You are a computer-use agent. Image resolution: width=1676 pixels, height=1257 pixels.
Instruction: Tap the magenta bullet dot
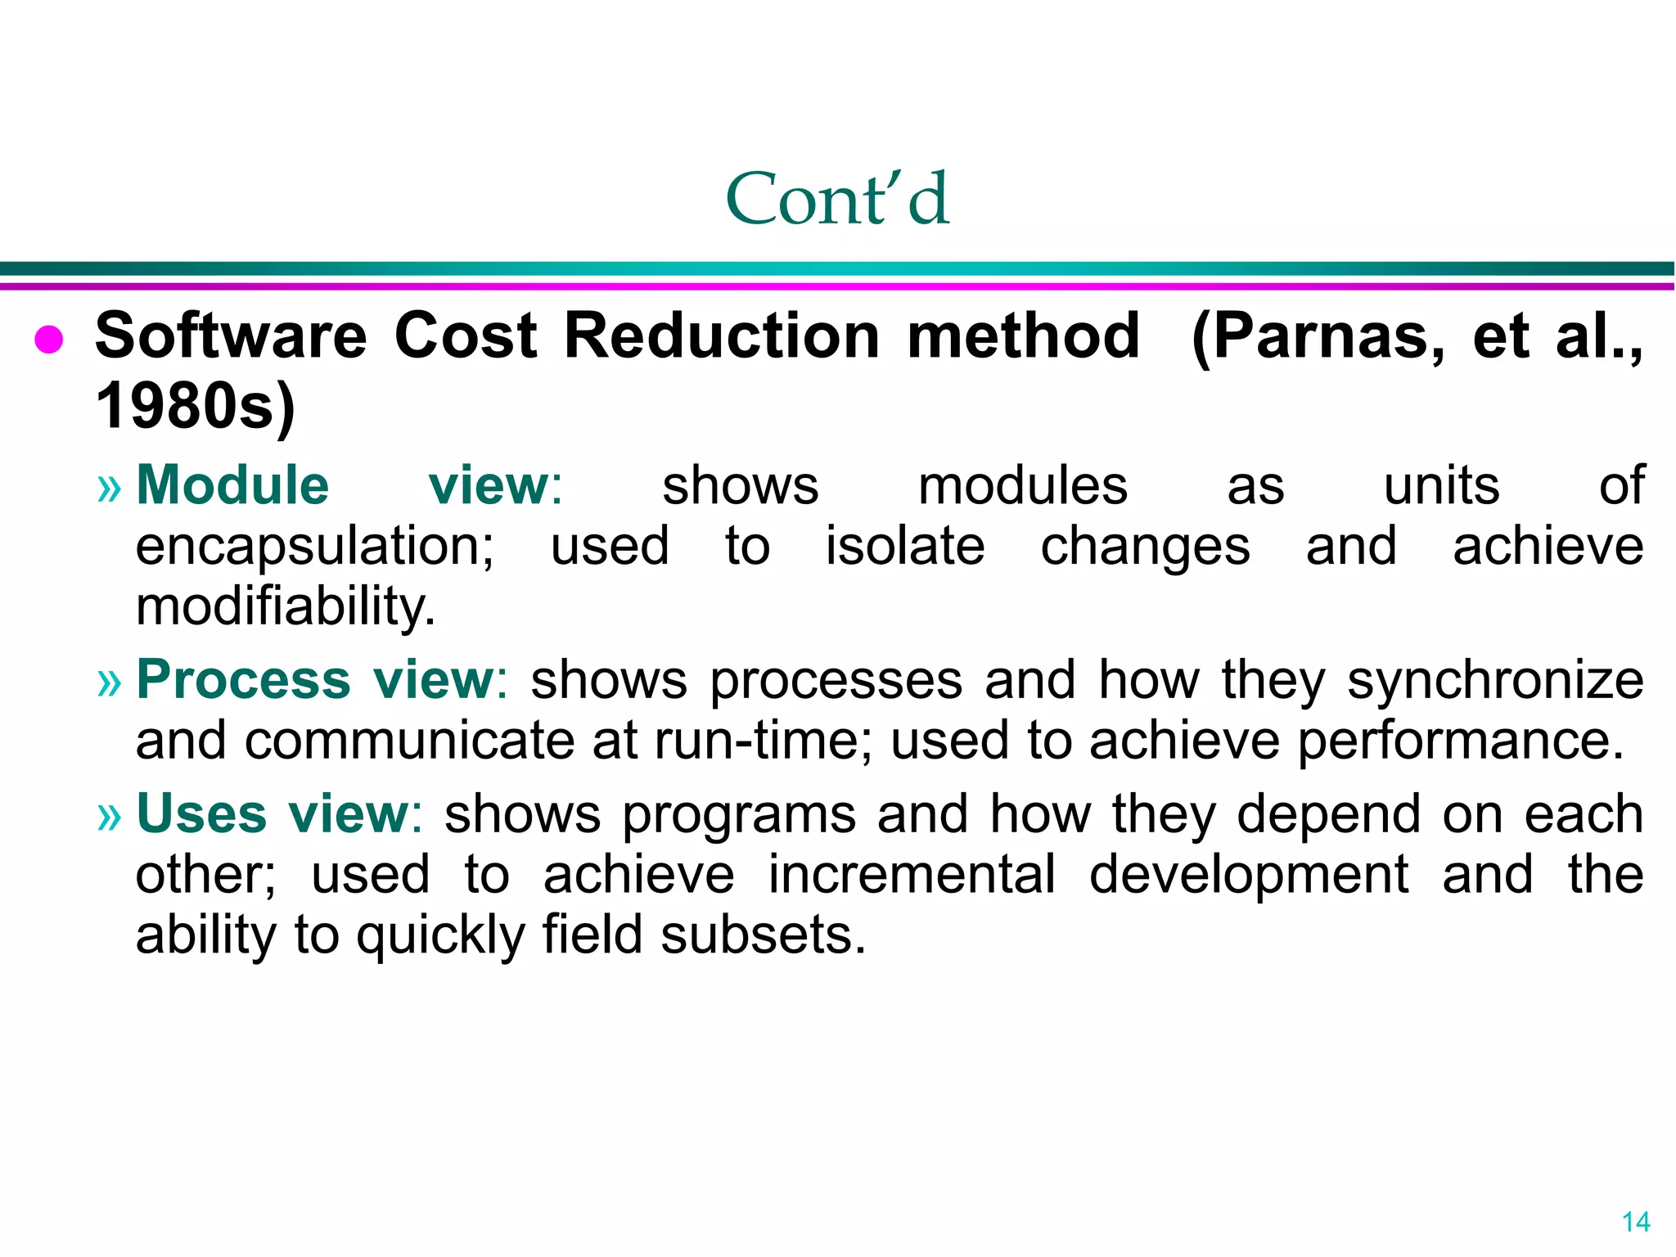(49, 339)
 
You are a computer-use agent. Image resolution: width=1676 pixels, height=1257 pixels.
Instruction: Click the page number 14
(1635, 1222)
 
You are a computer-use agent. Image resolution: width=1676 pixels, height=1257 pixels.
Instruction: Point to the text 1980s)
(196, 406)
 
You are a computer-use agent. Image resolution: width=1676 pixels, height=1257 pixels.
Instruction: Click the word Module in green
(232, 485)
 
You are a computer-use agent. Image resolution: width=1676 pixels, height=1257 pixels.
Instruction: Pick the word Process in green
(244, 679)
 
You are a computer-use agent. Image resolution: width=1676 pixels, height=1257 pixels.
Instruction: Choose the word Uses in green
(201, 813)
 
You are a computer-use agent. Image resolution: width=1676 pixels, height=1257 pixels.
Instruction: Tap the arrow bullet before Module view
(109, 489)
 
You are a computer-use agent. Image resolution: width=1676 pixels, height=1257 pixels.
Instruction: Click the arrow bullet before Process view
(109, 683)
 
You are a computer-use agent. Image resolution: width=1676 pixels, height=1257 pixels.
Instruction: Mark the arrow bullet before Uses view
(109, 817)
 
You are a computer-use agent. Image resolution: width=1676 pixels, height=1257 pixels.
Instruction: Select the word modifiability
(285, 607)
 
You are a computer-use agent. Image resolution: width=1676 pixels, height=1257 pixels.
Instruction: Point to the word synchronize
(1495, 681)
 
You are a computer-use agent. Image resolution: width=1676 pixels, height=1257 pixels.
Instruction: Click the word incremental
(912, 875)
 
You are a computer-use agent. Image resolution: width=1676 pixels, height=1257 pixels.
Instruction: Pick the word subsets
(763, 935)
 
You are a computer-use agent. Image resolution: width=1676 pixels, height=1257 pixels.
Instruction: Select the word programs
(739, 815)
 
